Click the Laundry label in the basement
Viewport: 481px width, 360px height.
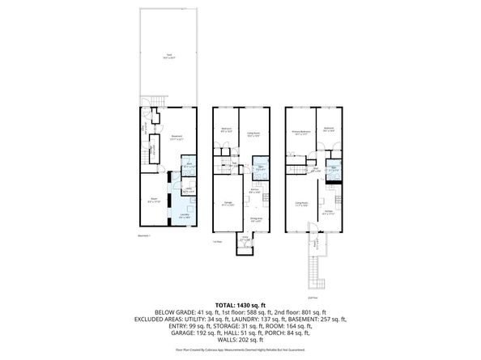click(x=184, y=216)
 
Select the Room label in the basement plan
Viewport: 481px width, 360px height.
click(x=153, y=199)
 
